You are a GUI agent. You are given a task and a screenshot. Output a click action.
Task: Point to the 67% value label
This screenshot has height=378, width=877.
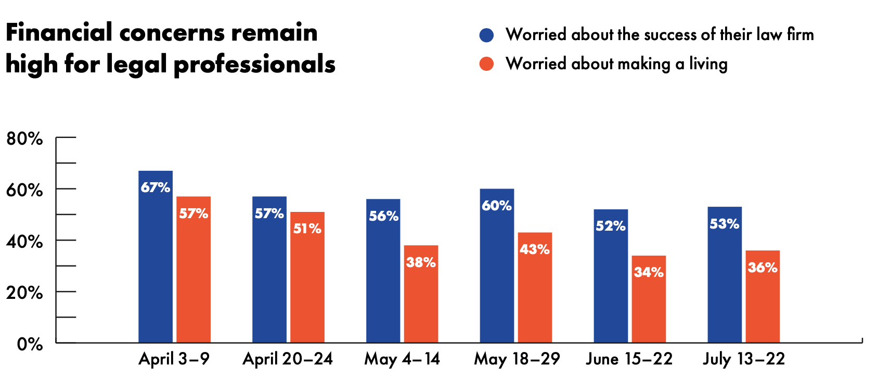click(156, 187)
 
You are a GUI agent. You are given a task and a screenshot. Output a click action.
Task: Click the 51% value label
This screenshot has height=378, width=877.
click(307, 229)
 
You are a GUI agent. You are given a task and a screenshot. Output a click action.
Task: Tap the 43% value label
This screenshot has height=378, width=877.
click(535, 249)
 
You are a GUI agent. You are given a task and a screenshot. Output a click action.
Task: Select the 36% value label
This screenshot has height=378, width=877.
click(763, 268)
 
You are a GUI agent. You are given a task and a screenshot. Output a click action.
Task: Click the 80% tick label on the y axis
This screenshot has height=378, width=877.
click(24, 138)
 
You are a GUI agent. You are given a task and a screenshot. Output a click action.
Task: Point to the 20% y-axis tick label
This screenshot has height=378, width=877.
click(24, 293)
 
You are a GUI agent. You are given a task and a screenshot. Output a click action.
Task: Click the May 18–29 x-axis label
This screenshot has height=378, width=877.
click(517, 359)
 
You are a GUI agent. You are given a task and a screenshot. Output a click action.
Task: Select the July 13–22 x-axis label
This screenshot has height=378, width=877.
click(744, 359)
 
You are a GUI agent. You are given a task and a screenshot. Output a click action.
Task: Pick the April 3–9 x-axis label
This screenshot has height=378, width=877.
click(174, 359)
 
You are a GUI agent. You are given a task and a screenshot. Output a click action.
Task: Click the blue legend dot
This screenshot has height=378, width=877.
click(486, 35)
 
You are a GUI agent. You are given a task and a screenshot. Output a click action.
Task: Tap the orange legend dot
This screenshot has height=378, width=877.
click(486, 64)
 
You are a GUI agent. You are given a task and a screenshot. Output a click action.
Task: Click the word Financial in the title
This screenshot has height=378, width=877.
click(59, 33)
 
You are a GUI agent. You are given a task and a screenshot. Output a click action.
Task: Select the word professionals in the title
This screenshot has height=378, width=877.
click(254, 65)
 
